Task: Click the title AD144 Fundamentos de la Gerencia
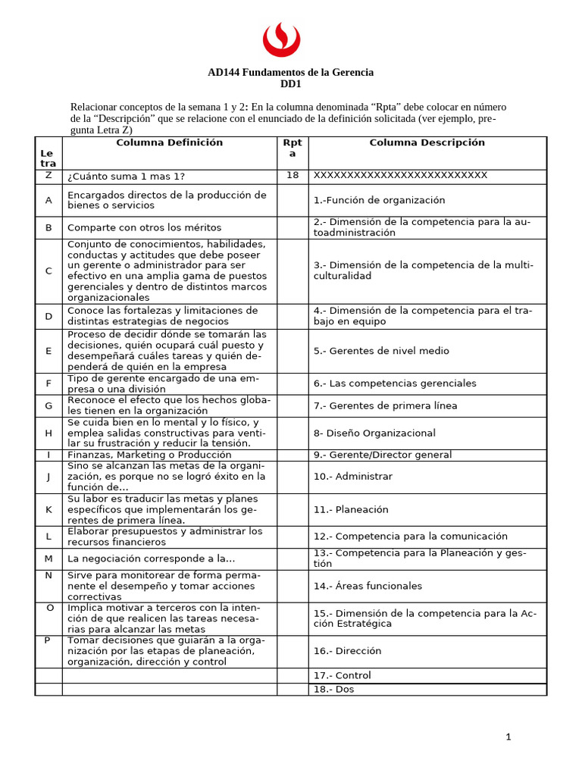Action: click(x=290, y=73)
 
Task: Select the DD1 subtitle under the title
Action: click(x=290, y=84)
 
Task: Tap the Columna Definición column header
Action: click(x=169, y=142)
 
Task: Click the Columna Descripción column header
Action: click(x=427, y=142)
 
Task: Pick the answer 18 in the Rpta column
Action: click(x=293, y=175)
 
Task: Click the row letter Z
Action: click(x=48, y=175)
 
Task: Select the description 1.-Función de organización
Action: click(x=379, y=200)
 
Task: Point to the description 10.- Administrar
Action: click(x=352, y=477)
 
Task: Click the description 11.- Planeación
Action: click(x=351, y=510)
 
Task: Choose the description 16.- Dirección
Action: click(x=347, y=651)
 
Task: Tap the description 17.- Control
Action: click(x=342, y=675)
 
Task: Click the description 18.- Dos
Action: click(x=333, y=689)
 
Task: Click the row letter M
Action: click(x=48, y=559)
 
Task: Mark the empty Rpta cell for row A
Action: click(x=293, y=200)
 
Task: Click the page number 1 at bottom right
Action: click(x=508, y=737)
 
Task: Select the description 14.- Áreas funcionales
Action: click(x=368, y=586)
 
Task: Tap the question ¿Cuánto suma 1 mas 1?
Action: click(x=126, y=177)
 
